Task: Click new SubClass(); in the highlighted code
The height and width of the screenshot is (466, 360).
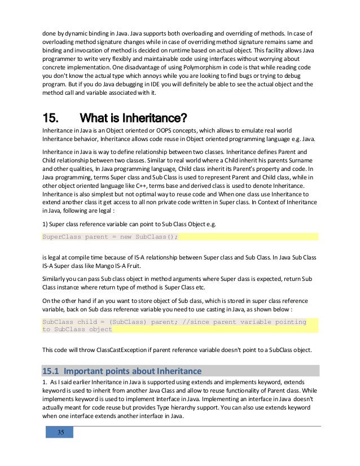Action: click(148, 237)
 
